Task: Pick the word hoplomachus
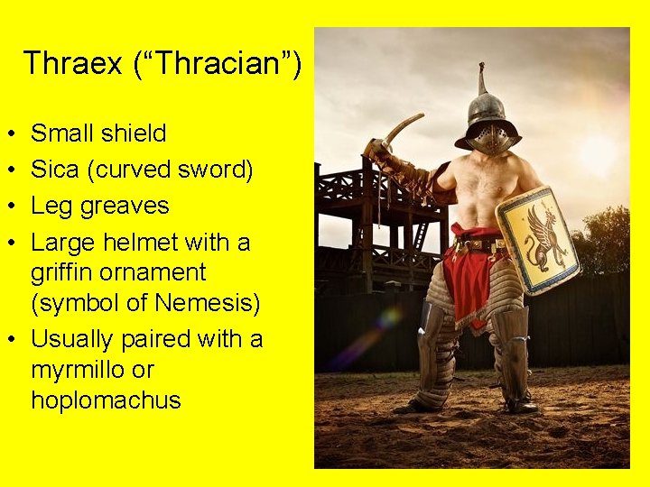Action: [106, 400]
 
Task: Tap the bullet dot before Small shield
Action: [7, 133]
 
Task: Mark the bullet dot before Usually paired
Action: [7, 339]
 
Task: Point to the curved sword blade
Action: [403, 127]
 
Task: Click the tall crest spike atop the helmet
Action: [482, 79]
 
